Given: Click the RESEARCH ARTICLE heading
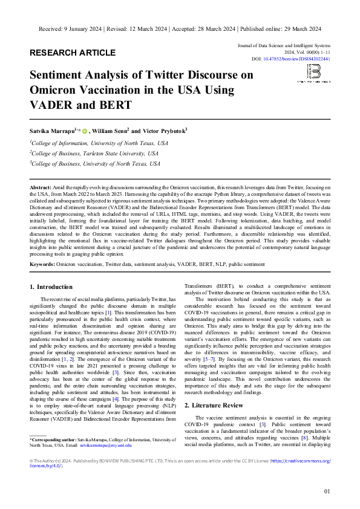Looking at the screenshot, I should click(72, 53).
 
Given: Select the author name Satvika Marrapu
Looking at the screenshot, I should click(53, 131).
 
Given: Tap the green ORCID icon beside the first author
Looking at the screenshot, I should click(85, 131).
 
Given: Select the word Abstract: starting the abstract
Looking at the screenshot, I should click(41, 189).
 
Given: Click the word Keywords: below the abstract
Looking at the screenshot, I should click(42, 264).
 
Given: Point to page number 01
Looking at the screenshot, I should click(327, 491).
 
